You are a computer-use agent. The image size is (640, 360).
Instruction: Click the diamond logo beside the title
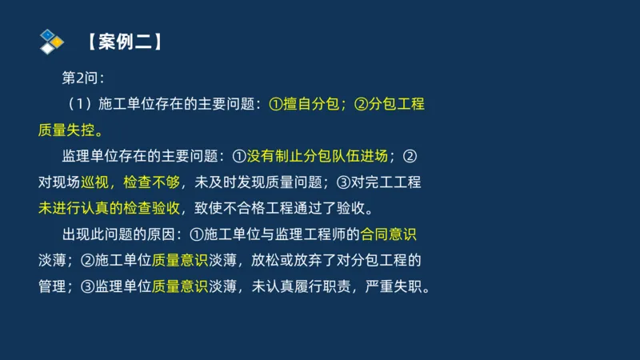coord(51,40)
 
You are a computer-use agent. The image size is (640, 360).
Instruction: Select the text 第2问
coord(82,78)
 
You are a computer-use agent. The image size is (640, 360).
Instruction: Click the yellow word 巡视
coord(98,182)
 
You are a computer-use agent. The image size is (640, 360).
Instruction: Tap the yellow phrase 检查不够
coord(150,182)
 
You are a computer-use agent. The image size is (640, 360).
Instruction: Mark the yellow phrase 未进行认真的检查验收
coord(109,208)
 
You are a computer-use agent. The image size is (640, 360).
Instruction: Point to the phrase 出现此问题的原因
coord(118,234)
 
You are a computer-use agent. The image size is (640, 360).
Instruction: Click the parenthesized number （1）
coord(74,104)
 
